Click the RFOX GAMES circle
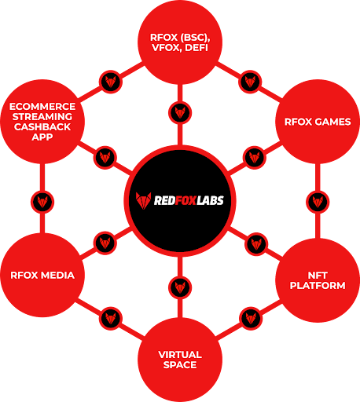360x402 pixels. [318, 122]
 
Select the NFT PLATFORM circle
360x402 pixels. [318, 280]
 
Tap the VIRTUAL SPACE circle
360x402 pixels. [180, 358]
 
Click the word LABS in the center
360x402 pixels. [208, 200]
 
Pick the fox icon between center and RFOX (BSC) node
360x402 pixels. [180, 111]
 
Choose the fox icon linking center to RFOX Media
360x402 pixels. [106, 241]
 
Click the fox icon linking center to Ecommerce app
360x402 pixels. [106, 156]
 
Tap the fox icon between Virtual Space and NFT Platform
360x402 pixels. [251, 318]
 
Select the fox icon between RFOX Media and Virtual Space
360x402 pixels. [109, 318]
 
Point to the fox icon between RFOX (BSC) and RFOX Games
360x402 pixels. [251, 80]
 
